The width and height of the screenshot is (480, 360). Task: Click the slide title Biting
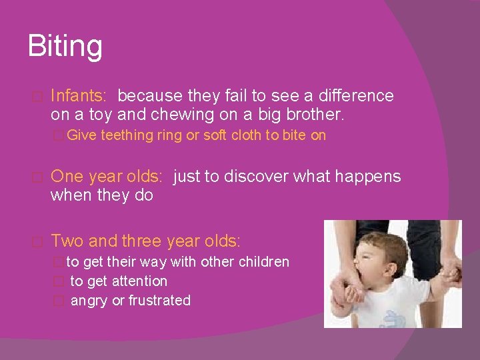(65, 47)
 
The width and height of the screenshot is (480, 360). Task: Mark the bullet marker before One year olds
(37, 177)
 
